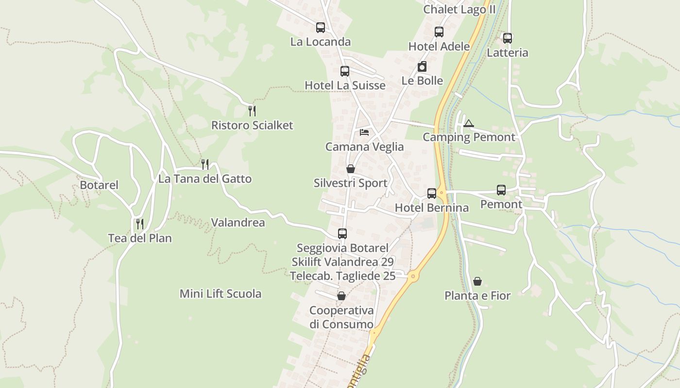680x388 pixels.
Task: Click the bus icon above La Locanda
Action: [321, 28]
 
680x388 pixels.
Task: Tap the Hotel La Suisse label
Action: [345, 85]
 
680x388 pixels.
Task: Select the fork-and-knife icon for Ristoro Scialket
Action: [252, 111]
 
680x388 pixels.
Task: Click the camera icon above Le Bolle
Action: [422, 67]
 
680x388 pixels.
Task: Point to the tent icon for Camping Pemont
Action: [468, 123]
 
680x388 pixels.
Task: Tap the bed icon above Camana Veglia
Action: [364, 132]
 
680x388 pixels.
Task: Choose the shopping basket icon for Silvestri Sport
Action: [351, 169]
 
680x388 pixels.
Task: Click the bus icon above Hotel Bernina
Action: [432, 194]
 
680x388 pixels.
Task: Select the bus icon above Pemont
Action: [501, 190]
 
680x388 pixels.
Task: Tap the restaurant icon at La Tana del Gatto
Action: [205, 164]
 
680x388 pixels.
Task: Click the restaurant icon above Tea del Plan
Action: [140, 224]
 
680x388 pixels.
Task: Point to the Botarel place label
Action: [99, 185]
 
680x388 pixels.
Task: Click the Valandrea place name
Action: [238, 223]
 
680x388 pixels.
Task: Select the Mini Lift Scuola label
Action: [221, 293]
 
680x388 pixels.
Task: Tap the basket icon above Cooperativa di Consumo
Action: [341, 296]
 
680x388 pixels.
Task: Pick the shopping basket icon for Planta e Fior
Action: [477, 281]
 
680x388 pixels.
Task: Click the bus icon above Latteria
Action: [508, 38]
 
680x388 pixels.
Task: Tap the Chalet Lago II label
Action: [459, 10]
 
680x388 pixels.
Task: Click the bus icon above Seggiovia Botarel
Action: [342, 234]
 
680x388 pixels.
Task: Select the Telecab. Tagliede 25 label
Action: [343, 276]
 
